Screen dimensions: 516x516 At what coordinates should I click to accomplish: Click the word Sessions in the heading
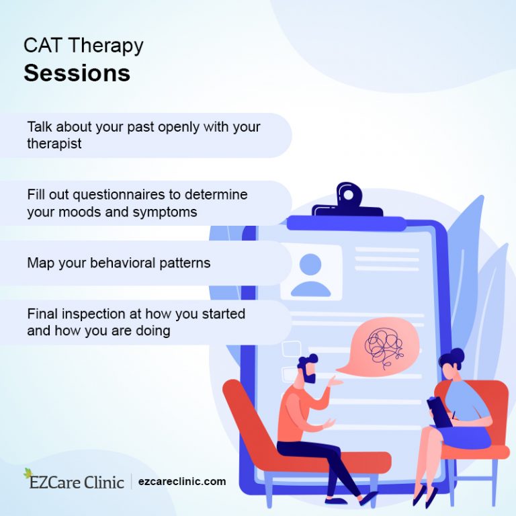77,73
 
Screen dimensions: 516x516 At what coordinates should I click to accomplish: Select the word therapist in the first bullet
54,144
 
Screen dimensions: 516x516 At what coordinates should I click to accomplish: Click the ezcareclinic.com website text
183,482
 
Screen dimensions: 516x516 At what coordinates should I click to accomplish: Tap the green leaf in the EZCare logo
28,473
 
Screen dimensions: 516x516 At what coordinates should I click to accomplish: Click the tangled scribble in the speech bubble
384,345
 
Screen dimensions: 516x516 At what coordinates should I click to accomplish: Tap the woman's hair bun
458,353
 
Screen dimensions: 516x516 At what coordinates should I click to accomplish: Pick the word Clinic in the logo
105,482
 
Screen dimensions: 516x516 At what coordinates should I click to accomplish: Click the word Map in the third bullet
40,263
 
